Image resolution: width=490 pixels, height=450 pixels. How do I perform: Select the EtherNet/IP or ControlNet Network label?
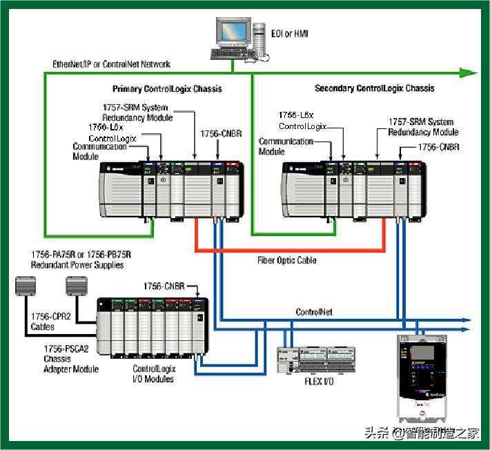(x=112, y=64)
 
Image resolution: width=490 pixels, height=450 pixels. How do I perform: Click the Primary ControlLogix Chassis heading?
(x=168, y=89)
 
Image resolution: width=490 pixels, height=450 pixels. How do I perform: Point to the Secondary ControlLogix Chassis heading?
(x=375, y=88)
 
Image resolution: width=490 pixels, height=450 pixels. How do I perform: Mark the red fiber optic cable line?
(x=290, y=248)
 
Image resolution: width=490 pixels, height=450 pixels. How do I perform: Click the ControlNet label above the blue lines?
(x=314, y=312)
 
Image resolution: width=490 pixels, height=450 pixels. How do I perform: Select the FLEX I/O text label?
(x=319, y=381)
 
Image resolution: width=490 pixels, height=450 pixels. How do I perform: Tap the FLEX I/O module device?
(x=316, y=359)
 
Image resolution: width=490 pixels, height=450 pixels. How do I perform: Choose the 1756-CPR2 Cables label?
(x=52, y=321)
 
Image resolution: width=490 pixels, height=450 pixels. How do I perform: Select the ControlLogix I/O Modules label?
(x=154, y=373)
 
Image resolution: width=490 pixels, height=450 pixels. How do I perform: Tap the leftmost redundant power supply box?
(x=28, y=285)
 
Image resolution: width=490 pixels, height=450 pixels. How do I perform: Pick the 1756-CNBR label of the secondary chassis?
(x=439, y=147)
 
